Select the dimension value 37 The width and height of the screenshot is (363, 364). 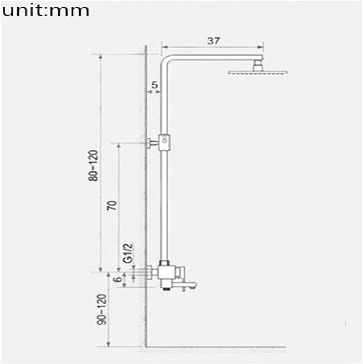click(213, 41)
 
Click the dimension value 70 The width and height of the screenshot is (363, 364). click(113, 205)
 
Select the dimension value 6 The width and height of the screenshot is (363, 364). click(117, 279)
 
